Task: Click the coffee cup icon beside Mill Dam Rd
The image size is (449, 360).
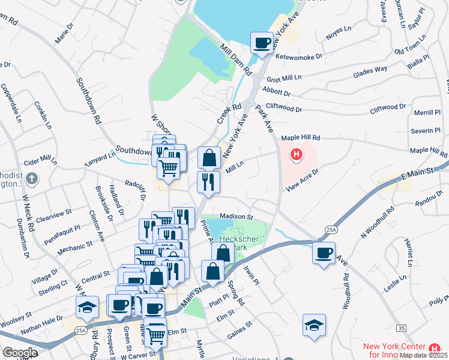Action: tap(262, 43)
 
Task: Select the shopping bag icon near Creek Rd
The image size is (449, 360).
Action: tap(209, 158)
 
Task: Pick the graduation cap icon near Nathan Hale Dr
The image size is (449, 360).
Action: tap(87, 308)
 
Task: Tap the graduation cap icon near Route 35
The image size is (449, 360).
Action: tap(315, 325)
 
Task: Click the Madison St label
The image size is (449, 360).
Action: tap(237, 216)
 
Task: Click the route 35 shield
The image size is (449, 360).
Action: tap(400, 328)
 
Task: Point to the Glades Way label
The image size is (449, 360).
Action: tap(370, 70)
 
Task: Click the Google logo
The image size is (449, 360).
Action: tap(20, 353)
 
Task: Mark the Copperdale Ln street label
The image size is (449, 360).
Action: tap(11, 100)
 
